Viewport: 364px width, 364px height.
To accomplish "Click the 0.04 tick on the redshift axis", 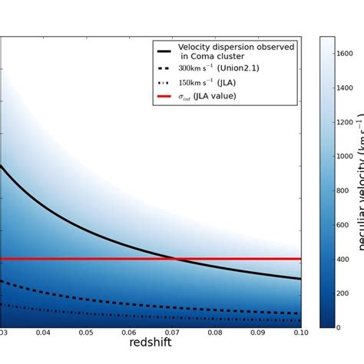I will (x=43, y=333).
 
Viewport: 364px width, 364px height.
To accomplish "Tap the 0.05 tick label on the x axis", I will (x=86, y=333).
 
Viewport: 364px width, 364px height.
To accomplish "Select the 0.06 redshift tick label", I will (x=129, y=333).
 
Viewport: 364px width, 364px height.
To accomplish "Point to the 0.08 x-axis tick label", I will (x=215, y=333).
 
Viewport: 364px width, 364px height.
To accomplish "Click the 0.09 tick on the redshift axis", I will (x=258, y=333).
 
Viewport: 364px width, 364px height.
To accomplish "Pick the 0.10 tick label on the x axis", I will (x=300, y=333).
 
